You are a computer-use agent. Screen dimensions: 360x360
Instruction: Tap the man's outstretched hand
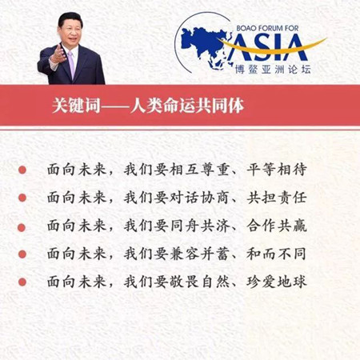pos(58,54)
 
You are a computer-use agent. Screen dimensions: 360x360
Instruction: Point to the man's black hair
pos(70,18)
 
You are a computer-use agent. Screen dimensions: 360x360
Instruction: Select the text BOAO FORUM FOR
pos(267,28)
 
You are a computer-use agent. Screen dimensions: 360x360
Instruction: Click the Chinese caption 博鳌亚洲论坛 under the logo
pos(273,70)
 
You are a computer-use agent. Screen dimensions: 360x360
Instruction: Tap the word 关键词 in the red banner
pos(76,106)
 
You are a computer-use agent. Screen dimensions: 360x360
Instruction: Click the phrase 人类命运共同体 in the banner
pos(187,106)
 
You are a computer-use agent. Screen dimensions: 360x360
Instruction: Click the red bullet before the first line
pos(22,170)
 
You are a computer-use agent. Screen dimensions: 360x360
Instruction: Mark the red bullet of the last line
pos(22,282)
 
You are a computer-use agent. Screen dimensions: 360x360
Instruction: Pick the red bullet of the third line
pos(22,227)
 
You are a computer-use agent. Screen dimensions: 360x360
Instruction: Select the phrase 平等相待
pos(277,170)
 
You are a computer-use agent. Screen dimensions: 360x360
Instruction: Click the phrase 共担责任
pos(277,198)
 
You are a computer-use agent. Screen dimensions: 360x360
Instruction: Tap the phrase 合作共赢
pos(277,226)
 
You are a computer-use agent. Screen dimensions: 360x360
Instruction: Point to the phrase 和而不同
pos(276,254)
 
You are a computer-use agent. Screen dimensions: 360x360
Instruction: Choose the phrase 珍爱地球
pos(277,282)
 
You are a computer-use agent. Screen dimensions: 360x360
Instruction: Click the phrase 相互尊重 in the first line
pos(199,170)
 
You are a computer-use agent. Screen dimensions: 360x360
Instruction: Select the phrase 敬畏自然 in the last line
pos(199,282)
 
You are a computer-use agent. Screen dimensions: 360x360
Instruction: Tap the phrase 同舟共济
pos(199,226)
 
